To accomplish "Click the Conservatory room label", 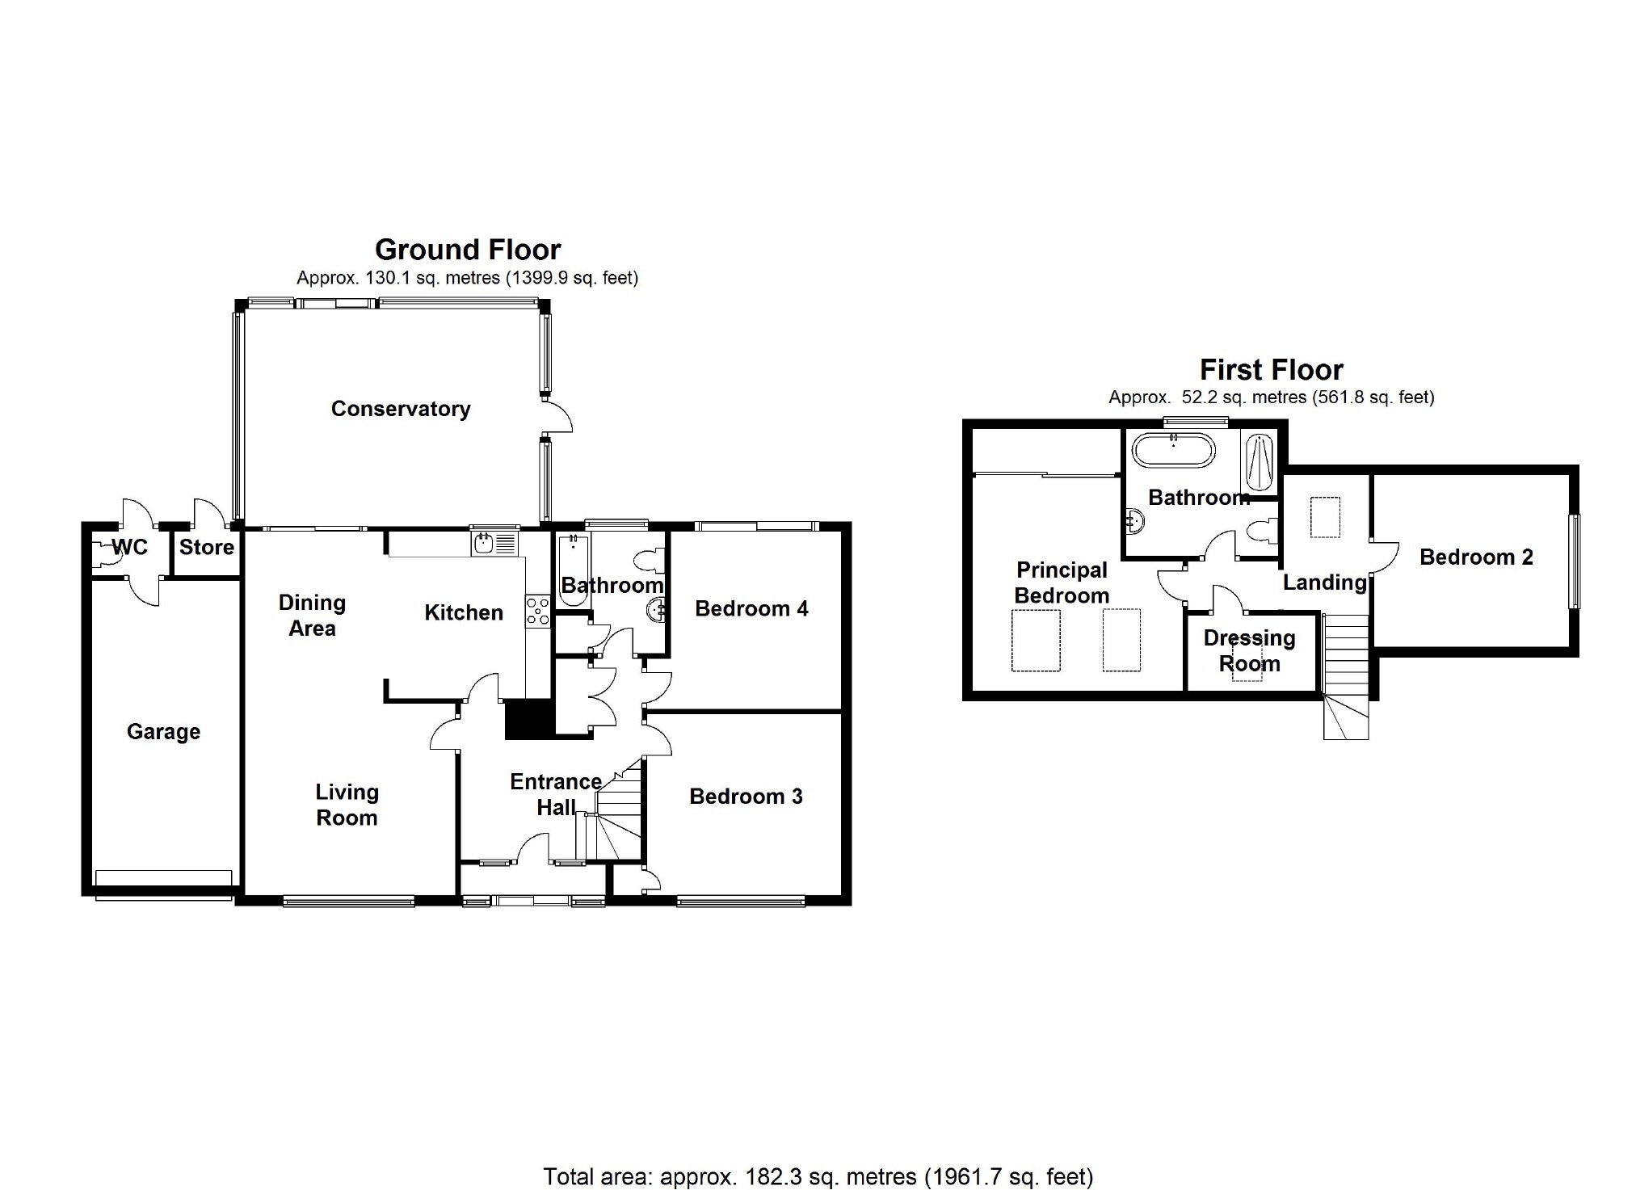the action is [401, 409].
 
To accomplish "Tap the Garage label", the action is [163, 732].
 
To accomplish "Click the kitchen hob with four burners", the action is [537, 611].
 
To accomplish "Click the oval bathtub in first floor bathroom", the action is [1173, 451].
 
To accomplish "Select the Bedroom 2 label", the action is [1476, 557].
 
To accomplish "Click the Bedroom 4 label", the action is [751, 609].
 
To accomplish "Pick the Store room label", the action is [207, 548].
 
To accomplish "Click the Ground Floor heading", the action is [468, 250].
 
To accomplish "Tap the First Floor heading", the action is [1271, 370].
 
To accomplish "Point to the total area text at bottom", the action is [818, 1176].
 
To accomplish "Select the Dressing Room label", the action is [1249, 651].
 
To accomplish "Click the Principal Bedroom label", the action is [1062, 583].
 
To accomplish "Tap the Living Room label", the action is [347, 805].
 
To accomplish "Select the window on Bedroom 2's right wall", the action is [1575, 561].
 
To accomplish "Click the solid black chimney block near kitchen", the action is [528, 719].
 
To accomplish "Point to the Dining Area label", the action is [312, 616].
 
